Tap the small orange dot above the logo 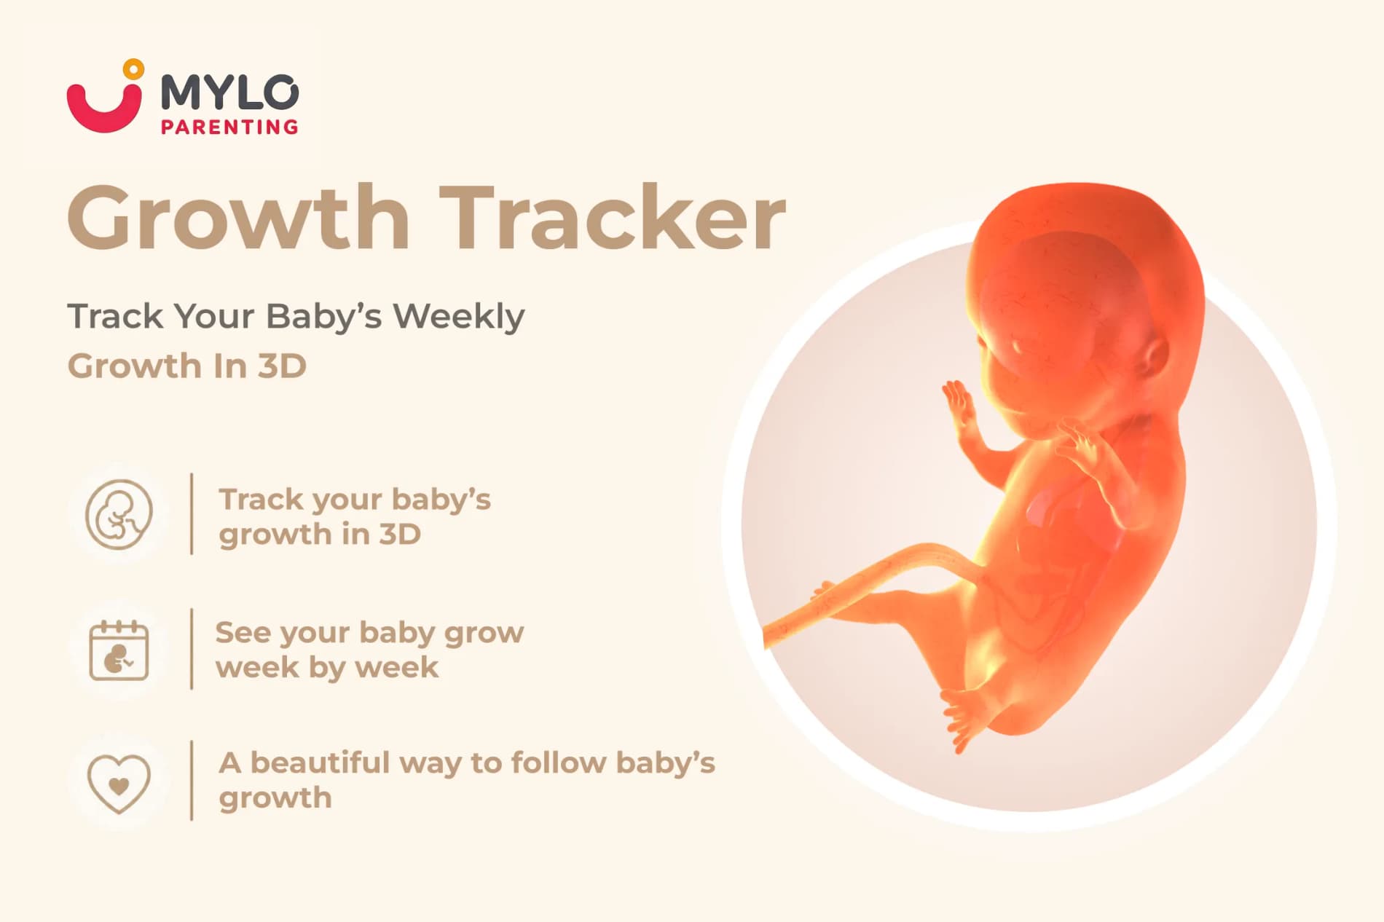click(x=133, y=69)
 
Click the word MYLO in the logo click(x=229, y=92)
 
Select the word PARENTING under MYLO click(x=229, y=127)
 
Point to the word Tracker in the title click(x=613, y=217)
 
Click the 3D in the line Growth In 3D click(x=283, y=366)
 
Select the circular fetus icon click(x=119, y=514)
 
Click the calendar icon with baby click(x=119, y=650)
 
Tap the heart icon click(x=119, y=784)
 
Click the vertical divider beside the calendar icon click(x=192, y=648)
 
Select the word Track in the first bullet click(x=261, y=500)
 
